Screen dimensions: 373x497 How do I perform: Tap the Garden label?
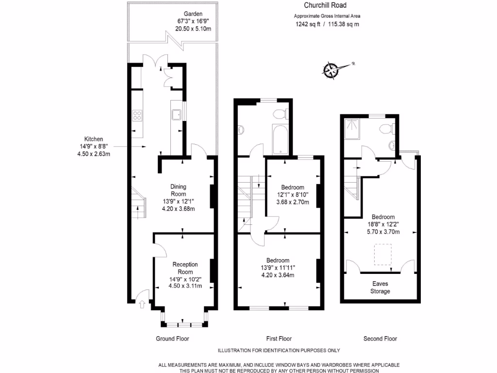[x=193, y=14]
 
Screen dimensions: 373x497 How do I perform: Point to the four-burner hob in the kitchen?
[x=137, y=115]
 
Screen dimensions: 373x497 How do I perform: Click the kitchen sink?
[x=176, y=114]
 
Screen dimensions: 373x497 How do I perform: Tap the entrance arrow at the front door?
[x=142, y=305]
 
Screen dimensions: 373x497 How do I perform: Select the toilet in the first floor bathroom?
[x=280, y=115]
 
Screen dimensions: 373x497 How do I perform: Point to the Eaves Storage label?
[x=380, y=288]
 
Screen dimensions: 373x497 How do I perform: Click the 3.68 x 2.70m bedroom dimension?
[x=290, y=203]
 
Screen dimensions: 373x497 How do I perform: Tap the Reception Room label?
[x=185, y=268]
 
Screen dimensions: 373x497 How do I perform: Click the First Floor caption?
[x=279, y=339]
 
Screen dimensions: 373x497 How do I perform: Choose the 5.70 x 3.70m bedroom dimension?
[x=383, y=232]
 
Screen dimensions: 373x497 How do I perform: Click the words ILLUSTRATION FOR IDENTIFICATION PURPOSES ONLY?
[x=279, y=350]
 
